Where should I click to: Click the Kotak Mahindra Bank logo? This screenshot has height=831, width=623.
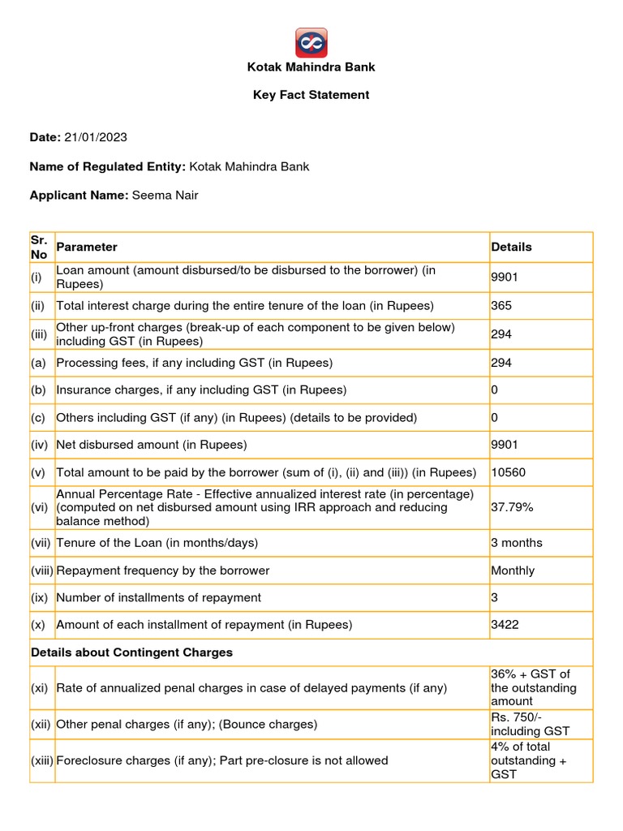pyautogui.click(x=311, y=41)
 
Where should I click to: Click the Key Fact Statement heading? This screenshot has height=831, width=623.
pyautogui.click(x=311, y=95)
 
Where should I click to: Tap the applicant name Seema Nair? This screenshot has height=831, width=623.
pyautogui.click(x=168, y=196)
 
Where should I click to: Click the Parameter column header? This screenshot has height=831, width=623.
pyautogui.click(x=87, y=247)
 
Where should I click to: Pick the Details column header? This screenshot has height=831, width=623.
pyautogui.click(x=512, y=247)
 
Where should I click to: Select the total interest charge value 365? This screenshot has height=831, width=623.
pyautogui.click(x=502, y=306)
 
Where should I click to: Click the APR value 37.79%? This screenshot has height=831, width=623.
pyautogui.click(x=513, y=507)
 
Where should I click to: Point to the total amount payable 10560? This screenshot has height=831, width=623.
pyautogui.click(x=508, y=472)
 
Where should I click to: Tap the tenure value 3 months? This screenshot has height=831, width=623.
pyautogui.click(x=517, y=542)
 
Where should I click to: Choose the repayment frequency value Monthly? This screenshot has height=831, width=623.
pyautogui.click(x=513, y=571)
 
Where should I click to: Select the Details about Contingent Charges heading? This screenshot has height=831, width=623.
pyautogui.click(x=131, y=652)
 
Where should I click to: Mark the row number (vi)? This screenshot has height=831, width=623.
pyautogui.click(x=40, y=507)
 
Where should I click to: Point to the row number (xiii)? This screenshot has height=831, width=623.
pyautogui.click(x=42, y=760)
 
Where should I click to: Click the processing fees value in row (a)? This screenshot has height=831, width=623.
pyautogui.click(x=501, y=363)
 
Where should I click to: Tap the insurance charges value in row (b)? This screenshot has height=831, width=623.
pyautogui.click(x=495, y=390)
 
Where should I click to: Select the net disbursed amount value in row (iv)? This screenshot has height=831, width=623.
pyautogui.click(x=505, y=445)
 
